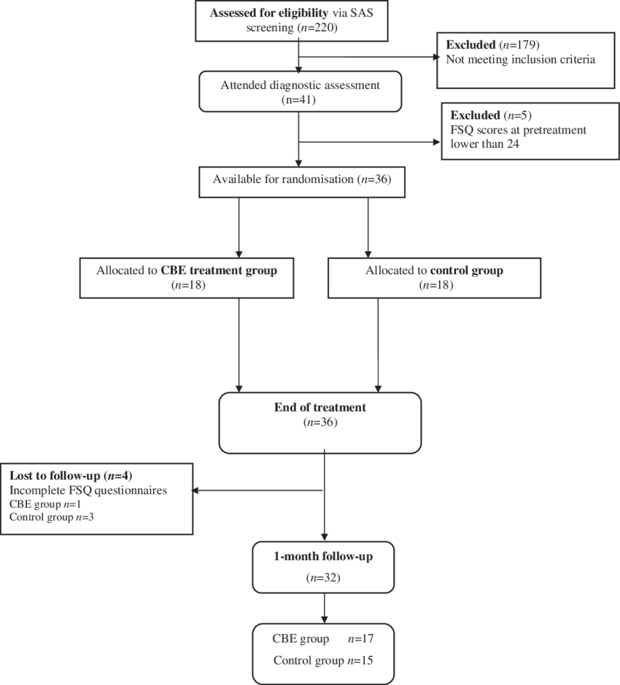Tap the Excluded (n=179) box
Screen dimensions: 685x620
tap(525, 52)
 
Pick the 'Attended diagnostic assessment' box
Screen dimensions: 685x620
tap(300, 92)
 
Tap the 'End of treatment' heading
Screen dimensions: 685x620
tap(319, 408)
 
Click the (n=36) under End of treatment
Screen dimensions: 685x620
tap(319, 422)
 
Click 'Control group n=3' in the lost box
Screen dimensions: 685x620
tap(51, 517)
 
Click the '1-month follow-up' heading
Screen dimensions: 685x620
tap(323, 556)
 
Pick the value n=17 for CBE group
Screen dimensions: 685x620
tap(360, 639)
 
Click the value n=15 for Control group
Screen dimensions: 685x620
tap(360, 661)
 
